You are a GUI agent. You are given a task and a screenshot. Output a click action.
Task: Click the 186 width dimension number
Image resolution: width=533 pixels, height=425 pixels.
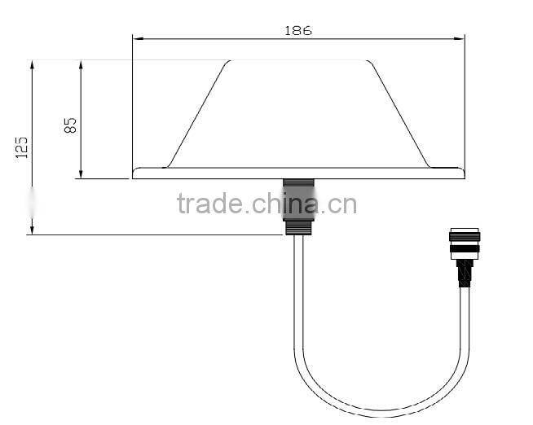pos(298,31)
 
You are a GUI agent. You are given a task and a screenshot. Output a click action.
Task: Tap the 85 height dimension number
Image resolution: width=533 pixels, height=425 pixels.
pos(70,125)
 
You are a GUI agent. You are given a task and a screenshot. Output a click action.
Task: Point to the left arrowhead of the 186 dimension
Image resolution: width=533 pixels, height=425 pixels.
pos(137,38)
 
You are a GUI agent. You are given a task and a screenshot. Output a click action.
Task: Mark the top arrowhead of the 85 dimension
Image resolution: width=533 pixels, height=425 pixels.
pos(81,64)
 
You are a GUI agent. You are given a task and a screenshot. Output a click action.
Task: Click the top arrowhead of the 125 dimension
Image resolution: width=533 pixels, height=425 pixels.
pos(32,64)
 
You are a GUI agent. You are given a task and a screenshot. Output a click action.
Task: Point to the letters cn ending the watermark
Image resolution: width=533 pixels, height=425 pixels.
pos(344,204)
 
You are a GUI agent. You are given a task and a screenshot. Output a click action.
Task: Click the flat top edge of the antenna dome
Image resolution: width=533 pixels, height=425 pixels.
pos(298,60)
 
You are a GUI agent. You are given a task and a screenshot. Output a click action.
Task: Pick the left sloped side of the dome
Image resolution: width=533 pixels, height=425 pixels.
pos(196,113)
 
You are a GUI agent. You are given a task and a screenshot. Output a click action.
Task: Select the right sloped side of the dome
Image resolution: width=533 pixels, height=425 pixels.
pos(400,113)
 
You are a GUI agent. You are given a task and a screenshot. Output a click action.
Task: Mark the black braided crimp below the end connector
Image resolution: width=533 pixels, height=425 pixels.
pos(465,275)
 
